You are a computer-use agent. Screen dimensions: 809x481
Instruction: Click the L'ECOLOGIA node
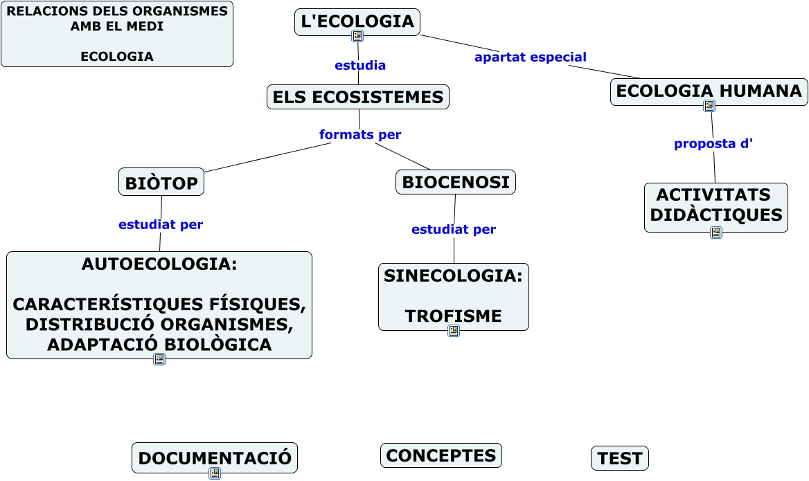click(x=357, y=22)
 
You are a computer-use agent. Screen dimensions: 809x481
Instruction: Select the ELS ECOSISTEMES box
click(x=358, y=97)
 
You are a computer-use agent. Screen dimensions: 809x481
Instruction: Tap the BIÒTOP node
click(x=161, y=182)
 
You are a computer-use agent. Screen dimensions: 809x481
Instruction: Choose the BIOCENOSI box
click(x=456, y=182)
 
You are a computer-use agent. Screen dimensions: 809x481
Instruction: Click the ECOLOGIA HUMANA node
click(x=709, y=92)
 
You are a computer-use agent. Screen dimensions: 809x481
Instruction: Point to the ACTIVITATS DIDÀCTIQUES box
click(x=716, y=207)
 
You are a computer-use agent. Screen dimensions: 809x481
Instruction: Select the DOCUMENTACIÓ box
click(x=215, y=457)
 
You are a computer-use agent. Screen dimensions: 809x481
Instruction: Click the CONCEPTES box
click(x=441, y=455)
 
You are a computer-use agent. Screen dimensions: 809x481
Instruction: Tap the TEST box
click(x=620, y=458)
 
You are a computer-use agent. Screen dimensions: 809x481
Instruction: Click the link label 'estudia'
click(x=360, y=66)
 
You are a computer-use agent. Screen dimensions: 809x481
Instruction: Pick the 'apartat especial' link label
click(x=531, y=57)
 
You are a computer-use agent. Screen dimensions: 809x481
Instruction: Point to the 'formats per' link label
click(x=360, y=134)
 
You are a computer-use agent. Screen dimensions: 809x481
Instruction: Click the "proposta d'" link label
click(x=713, y=144)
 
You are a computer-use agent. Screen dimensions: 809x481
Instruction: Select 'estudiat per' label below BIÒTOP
click(x=161, y=225)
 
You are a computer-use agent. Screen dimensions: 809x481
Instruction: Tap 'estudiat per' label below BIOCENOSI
click(x=454, y=229)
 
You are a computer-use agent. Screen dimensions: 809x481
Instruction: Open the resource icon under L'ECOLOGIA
click(x=357, y=36)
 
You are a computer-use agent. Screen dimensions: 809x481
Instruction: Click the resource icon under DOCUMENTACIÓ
click(x=215, y=473)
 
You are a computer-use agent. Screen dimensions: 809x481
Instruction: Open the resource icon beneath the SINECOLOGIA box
click(x=454, y=331)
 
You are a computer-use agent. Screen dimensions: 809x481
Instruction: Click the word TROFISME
click(x=454, y=316)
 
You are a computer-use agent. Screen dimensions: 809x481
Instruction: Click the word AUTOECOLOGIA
click(x=159, y=264)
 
